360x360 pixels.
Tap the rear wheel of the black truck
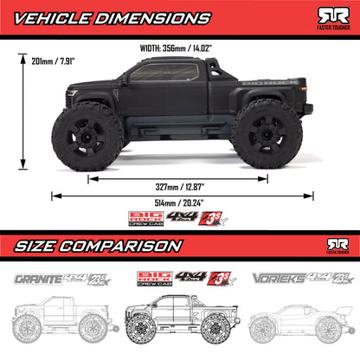pyautogui.click(x=266, y=131)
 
